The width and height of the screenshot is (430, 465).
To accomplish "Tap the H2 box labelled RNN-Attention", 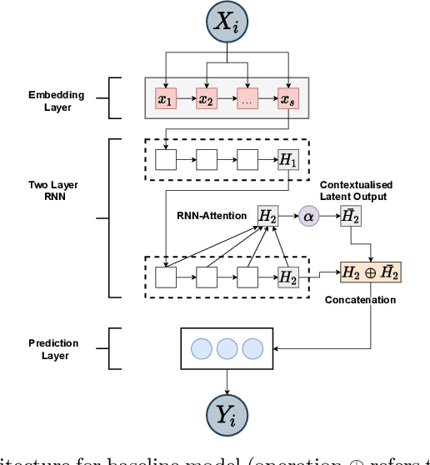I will pos(267,216).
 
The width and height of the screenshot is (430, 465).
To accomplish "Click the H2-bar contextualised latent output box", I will pos(351,216).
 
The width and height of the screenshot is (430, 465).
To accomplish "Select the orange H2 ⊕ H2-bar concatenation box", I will pos(370,273).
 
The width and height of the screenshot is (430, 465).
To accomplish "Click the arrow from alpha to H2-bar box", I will pos(330,216).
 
